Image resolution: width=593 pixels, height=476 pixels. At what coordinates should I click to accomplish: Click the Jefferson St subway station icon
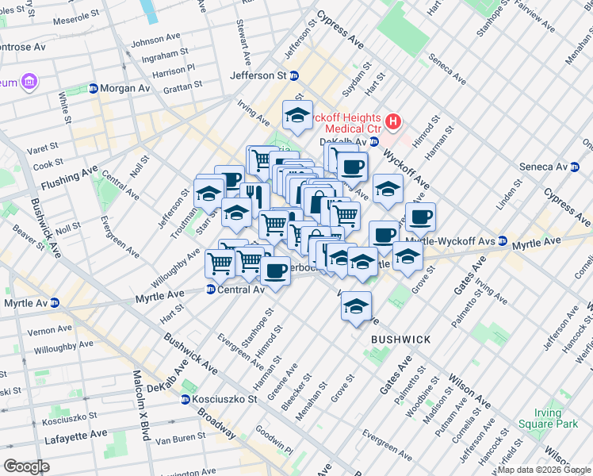pos(294,76)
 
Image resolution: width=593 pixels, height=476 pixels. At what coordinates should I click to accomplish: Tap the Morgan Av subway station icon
pos(94,88)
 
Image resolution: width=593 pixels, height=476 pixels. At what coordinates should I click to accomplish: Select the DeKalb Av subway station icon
pos(375,142)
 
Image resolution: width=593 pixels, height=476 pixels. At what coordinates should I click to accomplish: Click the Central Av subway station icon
pos(210,290)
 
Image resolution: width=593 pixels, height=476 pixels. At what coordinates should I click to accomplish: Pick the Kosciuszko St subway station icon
pos(186,399)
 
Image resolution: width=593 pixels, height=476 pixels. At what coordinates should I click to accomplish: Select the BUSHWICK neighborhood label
pos(400,340)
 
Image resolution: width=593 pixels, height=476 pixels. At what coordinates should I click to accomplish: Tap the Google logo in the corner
pos(26,466)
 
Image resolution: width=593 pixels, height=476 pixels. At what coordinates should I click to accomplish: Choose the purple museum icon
pos(29,82)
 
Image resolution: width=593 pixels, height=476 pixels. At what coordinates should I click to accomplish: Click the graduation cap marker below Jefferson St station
pos(297,115)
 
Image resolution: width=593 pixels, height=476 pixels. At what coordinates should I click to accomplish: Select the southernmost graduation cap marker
pos(356,305)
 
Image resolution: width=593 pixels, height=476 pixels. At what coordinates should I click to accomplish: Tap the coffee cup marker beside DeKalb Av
pos(352,167)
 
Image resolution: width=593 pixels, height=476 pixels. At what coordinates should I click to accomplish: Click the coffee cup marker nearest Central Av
pos(275,271)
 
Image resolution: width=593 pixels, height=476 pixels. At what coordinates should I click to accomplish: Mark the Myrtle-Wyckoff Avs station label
pos(450,241)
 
